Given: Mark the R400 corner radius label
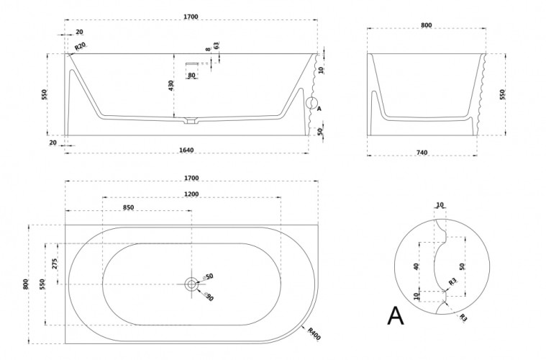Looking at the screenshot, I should click(313, 334).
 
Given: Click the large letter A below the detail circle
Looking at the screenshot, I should click(395, 315).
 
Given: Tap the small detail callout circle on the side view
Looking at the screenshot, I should click(312, 103).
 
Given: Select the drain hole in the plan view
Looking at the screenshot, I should click(192, 284).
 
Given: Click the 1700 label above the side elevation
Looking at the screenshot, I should click(191, 16).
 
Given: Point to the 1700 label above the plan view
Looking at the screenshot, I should click(191, 177).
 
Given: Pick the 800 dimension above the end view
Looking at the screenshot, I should click(426, 25).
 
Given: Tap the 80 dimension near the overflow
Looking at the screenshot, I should click(191, 74).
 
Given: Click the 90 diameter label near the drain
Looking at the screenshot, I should click(209, 297).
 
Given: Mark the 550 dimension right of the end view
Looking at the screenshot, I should click(502, 94).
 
